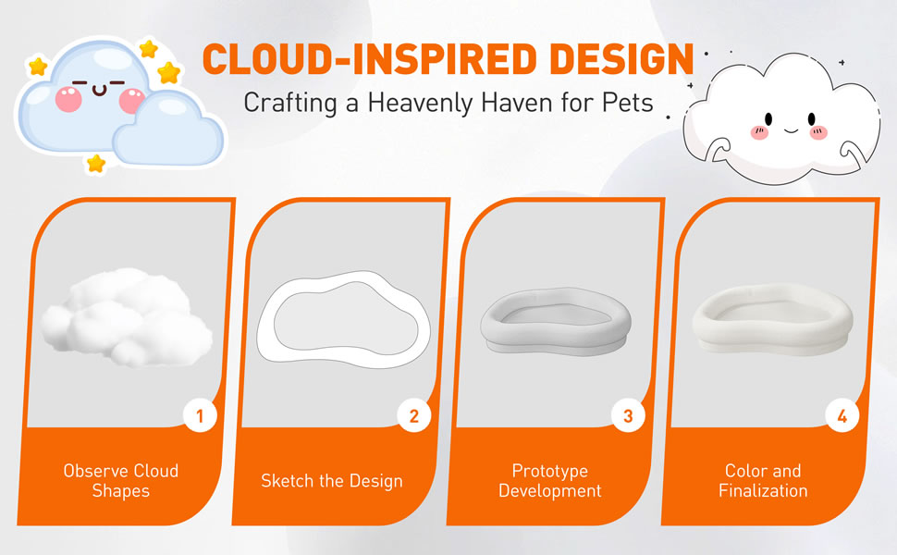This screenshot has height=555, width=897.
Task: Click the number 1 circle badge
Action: [x=200, y=416]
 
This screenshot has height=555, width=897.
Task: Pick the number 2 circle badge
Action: [x=414, y=416]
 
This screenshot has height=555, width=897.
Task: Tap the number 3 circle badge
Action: [x=628, y=416]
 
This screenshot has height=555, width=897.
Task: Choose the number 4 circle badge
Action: [x=842, y=416]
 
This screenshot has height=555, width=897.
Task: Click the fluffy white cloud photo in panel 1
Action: [x=127, y=316]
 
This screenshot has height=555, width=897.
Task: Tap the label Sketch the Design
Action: [x=332, y=481]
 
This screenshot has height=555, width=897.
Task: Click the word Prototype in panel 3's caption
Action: [x=549, y=471]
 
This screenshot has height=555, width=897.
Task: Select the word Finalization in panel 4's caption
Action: [x=763, y=490]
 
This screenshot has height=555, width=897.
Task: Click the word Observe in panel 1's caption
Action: [x=96, y=470]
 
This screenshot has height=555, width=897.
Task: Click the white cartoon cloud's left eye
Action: [x=768, y=119]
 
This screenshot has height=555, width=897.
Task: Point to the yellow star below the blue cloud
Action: [x=95, y=164]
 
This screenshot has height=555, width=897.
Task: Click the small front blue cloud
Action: [x=167, y=130]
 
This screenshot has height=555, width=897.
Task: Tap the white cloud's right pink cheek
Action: [x=818, y=133]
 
